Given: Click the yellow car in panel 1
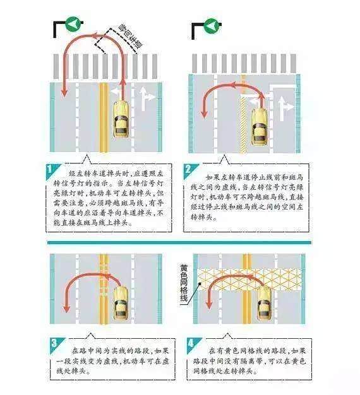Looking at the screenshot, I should tap(121, 119).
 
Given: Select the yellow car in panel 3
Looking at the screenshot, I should tap(121, 304).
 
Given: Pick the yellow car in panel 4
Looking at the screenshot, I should tap(263, 303).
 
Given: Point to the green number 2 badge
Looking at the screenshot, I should tap(189, 170).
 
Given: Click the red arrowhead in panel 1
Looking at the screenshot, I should tap(64, 93).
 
